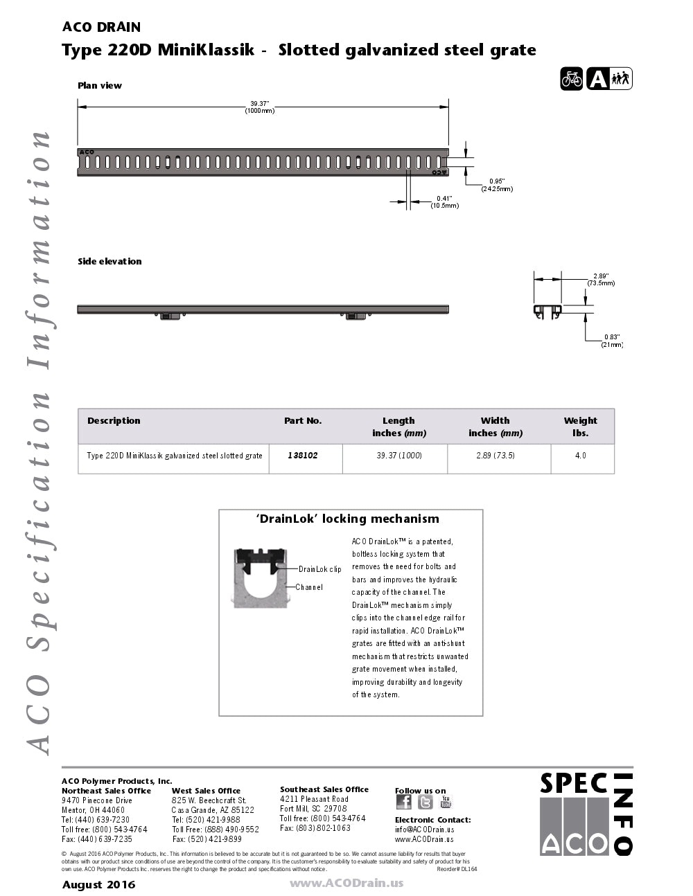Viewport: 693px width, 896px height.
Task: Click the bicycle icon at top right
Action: click(572, 79)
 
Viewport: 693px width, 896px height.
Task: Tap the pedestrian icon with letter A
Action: click(609, 79)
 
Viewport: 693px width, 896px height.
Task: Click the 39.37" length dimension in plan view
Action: click(259, 107)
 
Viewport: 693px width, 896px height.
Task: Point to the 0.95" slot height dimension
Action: click(497, 185)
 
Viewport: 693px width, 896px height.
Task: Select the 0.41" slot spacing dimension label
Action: click(444, 201)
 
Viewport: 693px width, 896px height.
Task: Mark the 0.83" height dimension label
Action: click(611, 341)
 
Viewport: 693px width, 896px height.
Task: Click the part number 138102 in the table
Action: click(303, 456)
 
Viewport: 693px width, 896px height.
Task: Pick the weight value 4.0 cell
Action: click(581, 456)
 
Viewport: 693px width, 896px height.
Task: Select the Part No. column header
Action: click(303, 421)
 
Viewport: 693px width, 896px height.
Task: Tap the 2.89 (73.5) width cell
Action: click(495, 456)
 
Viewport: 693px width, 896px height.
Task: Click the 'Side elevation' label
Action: click(109, 262)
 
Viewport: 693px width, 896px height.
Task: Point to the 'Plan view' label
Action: click(100, 86)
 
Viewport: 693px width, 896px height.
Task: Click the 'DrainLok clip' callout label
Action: click(319, 569)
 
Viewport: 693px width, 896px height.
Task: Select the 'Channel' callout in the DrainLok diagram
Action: click(309, 587)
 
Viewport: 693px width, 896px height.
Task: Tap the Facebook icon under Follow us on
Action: click(403, 802)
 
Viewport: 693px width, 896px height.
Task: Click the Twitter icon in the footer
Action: click(425, 802)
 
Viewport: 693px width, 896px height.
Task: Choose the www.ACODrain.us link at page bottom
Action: click(346, 883)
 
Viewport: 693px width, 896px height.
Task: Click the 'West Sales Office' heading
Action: click(206, 791)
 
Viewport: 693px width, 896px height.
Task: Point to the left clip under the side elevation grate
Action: click(170, 316)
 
